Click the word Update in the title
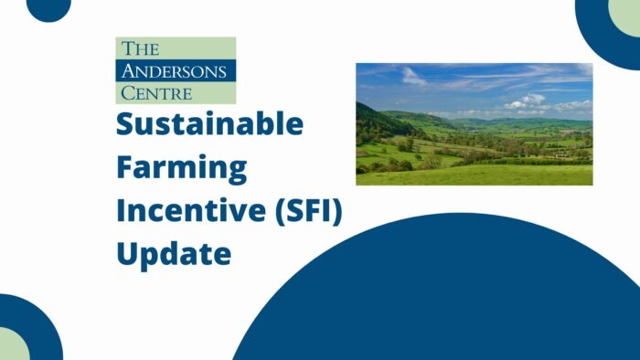coord(173,251)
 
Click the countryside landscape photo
coord(474,124)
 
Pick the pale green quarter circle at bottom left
coord(11,345)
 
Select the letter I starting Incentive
coord(121,209)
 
